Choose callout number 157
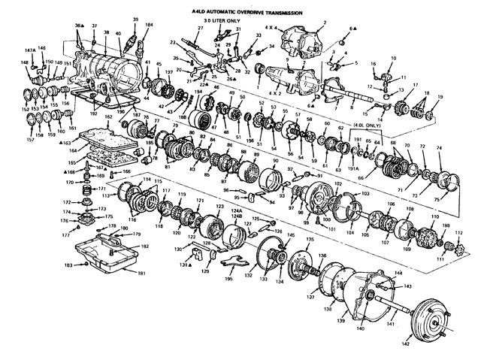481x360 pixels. [30, 141]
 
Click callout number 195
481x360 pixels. [229, 280]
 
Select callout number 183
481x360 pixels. [68, 266]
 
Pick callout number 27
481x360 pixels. [201, 28]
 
